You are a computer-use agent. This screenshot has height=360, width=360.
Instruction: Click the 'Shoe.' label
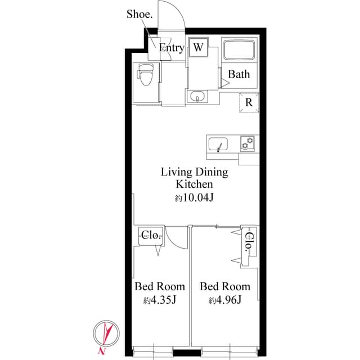[139, 14]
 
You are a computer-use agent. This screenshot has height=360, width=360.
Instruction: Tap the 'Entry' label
[171, 48]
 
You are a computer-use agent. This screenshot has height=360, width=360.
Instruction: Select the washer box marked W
[197, 47]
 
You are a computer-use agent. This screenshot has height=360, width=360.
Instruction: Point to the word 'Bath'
[239, 74]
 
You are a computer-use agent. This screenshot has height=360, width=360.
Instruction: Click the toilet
[146, 75]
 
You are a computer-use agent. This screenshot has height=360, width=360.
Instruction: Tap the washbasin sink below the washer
[197, 97]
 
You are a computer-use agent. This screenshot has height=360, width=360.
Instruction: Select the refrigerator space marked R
[249, 102]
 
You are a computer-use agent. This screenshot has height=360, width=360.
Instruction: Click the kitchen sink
[219, 145]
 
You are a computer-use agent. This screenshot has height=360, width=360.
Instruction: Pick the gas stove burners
[247, 144]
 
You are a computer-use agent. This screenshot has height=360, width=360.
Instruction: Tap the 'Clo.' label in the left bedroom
[151, 236]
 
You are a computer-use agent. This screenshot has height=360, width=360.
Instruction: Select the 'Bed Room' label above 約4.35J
[160, 286]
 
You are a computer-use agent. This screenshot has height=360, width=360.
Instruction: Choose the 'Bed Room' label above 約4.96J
[225, 286]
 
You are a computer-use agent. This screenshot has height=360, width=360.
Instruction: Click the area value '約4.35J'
[160, 300]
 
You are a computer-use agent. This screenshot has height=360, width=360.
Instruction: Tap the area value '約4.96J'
[225, 300]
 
